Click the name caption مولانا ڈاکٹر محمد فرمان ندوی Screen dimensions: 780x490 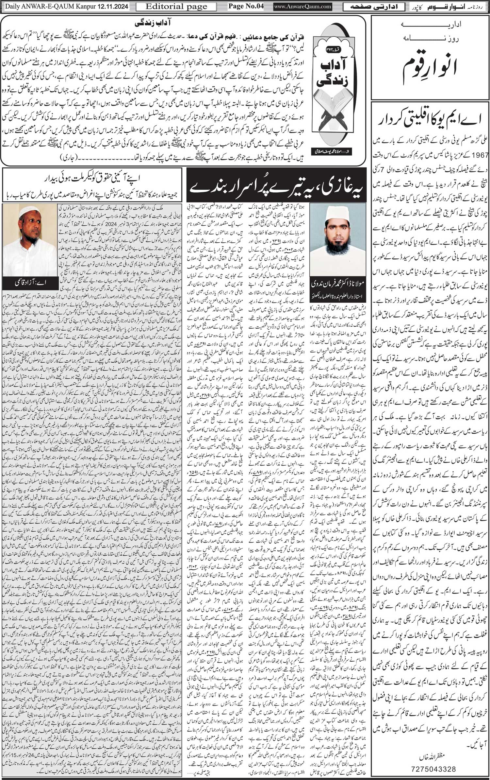(x=338, y=283)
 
